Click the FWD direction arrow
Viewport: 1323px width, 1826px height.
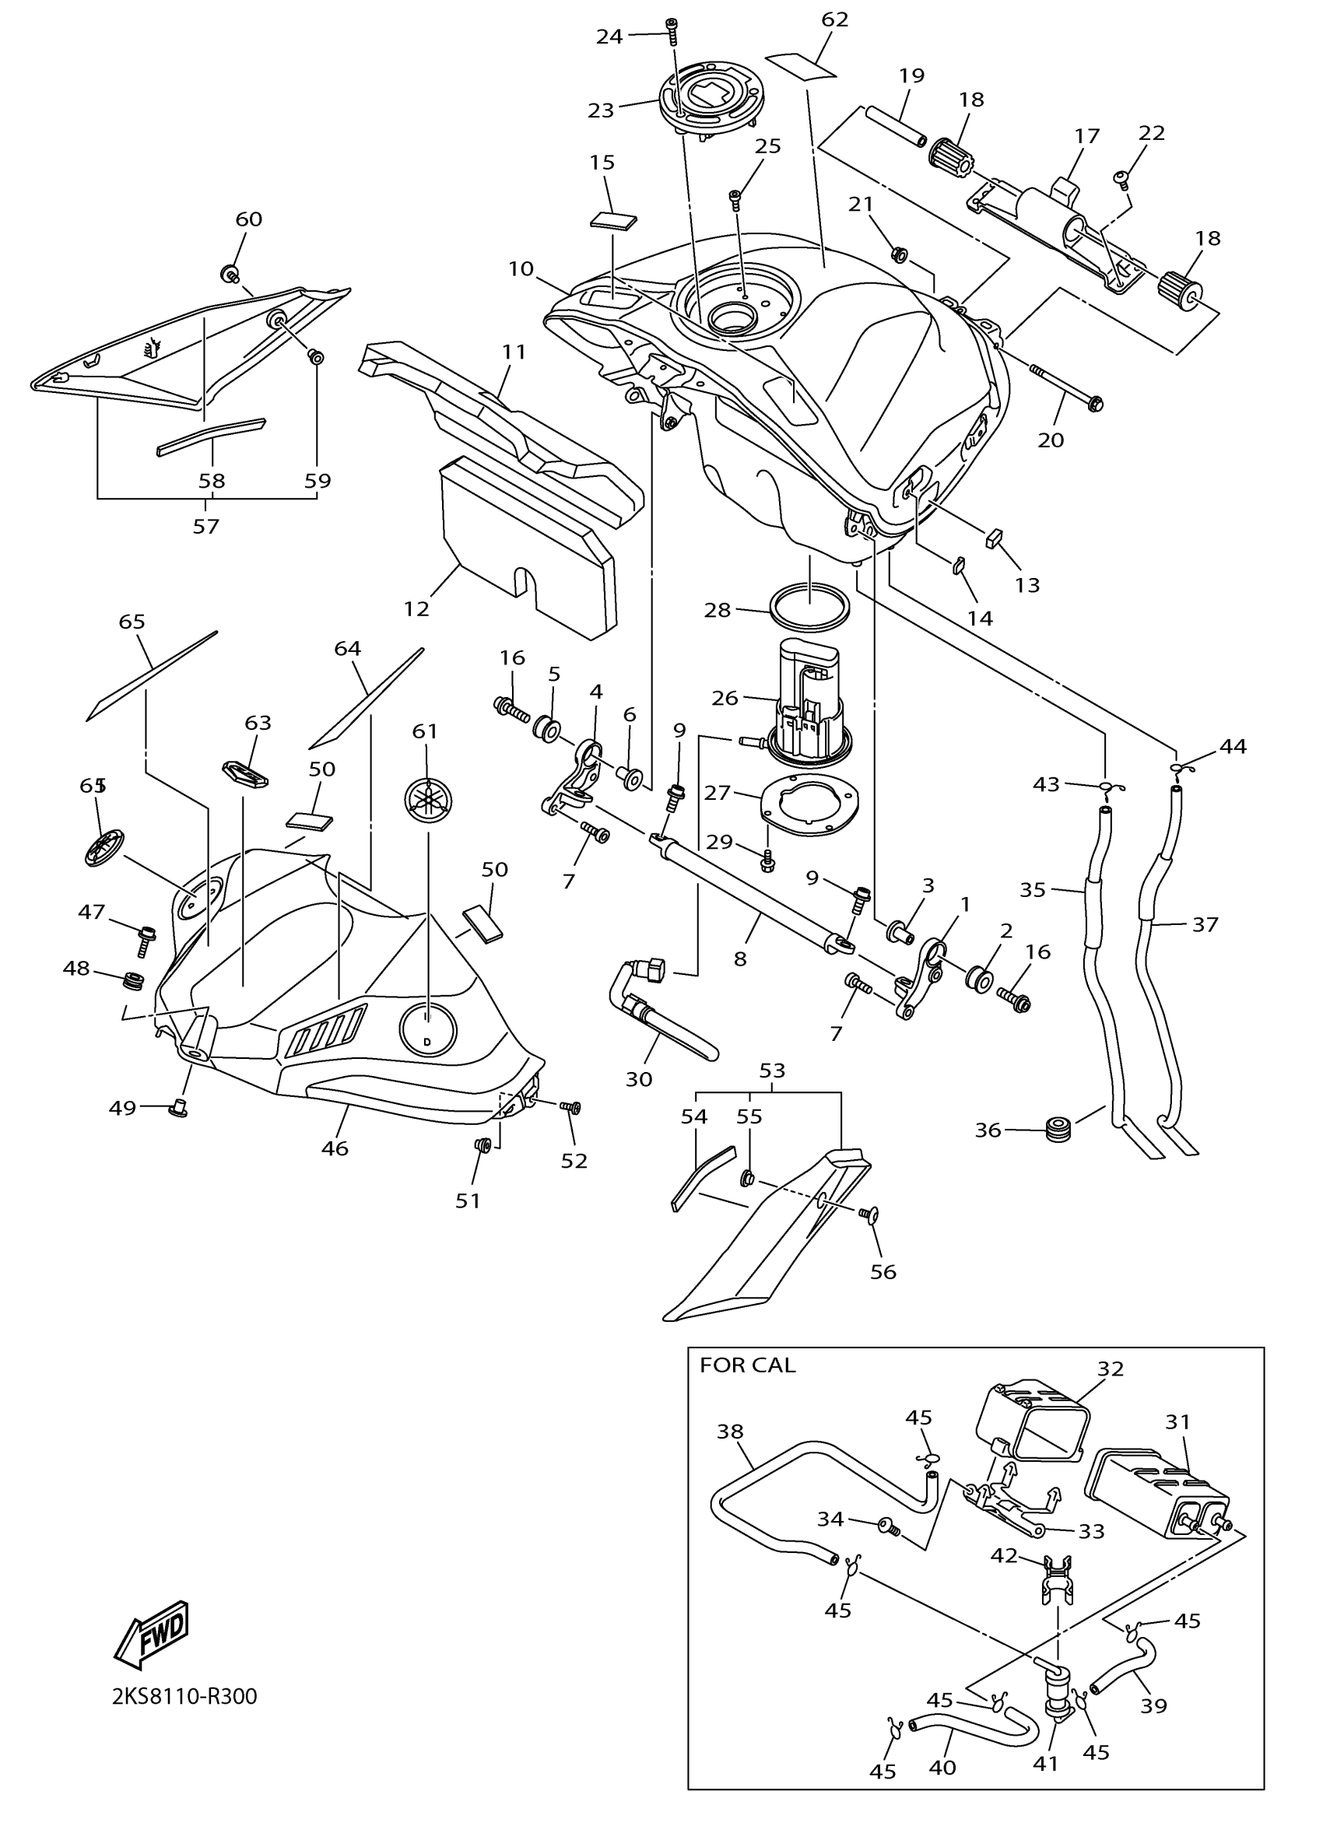153,1634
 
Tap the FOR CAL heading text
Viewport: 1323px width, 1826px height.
746,1365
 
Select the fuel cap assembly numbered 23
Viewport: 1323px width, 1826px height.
710,103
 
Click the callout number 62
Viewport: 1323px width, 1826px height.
835,19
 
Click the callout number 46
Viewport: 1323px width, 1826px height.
335,1149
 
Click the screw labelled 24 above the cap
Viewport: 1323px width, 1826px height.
672,30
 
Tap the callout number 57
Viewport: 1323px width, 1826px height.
206,526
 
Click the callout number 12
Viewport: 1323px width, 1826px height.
416,608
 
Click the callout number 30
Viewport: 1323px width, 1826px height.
639,1078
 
